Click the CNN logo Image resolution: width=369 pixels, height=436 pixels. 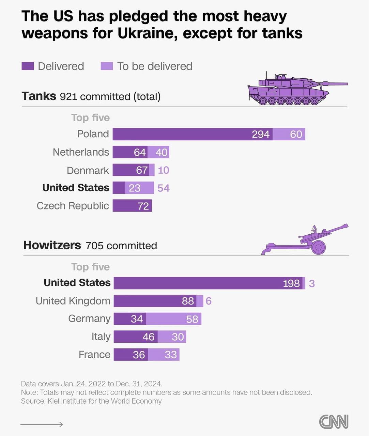point(334,422)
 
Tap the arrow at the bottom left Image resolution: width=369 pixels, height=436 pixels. point(42,424)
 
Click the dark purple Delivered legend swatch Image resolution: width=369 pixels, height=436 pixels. point(28,66)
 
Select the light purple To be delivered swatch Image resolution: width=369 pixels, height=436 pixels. point(107,66)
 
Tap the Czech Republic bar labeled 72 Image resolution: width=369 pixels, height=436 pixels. point(132,206)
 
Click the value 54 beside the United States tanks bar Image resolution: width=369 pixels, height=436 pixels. point(164,188)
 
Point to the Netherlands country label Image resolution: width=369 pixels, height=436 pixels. point(81,152)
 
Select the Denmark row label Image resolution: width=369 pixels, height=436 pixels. point(88,170)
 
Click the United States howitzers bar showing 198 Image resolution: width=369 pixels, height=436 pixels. point(208,283)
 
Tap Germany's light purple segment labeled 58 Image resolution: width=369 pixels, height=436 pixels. point(174,319)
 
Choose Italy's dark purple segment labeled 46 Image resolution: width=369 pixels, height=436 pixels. point(135,337)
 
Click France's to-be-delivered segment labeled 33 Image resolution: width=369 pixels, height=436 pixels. point(164,355)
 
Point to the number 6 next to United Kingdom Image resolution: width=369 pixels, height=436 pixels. point(209,301)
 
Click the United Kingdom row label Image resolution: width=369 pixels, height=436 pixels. point(73,301)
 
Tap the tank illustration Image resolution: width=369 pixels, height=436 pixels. point(293,89)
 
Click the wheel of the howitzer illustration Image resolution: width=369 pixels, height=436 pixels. point(319,247)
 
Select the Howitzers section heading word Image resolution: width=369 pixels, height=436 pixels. point(52,245)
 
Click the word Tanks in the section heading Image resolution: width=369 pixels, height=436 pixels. point(39,96)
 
